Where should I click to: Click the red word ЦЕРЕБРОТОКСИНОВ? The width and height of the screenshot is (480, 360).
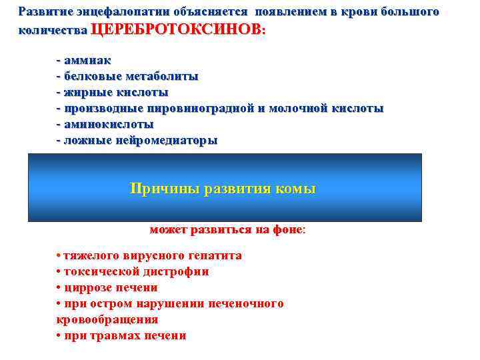click(x=176, y=30)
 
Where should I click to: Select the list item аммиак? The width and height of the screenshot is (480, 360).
click(x=87, y=60)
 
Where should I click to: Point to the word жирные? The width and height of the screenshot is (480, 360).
click(x=85, y=92)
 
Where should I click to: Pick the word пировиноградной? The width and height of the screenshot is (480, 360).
click(x=200, y=108)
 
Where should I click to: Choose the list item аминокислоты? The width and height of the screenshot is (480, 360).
click(x=108, y=124)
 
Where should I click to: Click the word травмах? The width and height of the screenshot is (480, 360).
click(x=110, y=335)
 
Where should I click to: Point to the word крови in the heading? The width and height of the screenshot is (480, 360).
click(x=343, y=12)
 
